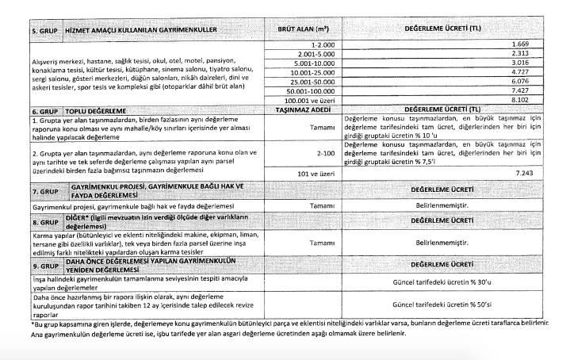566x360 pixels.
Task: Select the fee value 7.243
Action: tap(527, 171)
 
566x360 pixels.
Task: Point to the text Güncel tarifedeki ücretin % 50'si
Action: tap(442, 304)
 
